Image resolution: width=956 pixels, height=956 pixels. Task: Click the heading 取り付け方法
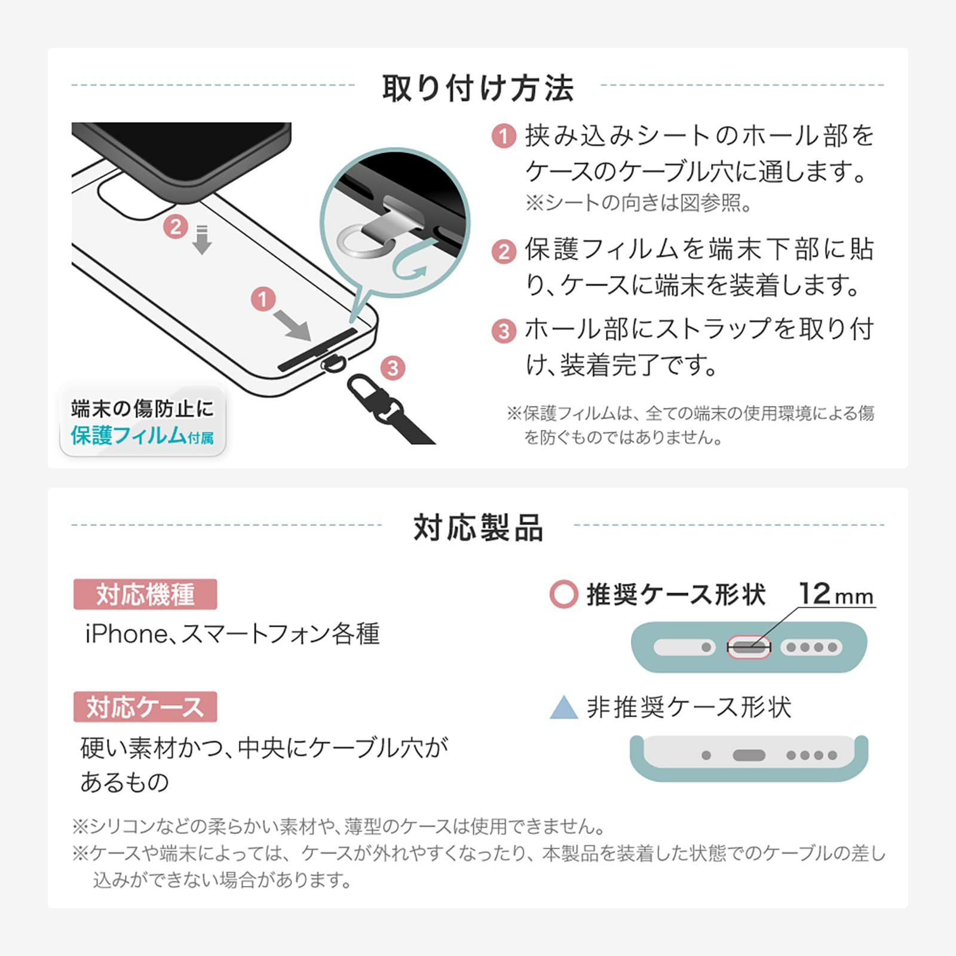pyautogui.click(x=478, y=88)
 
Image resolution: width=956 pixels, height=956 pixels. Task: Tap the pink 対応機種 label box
pyautogui.click(x=145, y=595)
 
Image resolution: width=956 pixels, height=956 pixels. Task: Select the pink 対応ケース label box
pyautogui.click(x=145, y=707)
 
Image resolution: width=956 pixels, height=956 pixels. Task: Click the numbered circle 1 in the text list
pyautogui.click(x=504, y=136)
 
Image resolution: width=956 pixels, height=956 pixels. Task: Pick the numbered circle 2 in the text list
pyautogui.click(x=504, y=252)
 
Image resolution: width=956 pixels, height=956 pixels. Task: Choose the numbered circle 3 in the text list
pyautogui.click(x=504, y=330)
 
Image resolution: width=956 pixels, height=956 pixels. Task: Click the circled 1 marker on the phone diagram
pyautogui.click(x=263, y=299)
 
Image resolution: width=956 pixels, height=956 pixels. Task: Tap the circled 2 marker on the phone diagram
pyautogui.click(x=176, y=226)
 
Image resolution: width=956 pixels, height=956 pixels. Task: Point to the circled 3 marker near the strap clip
pyautogui.click(x=393, y=367)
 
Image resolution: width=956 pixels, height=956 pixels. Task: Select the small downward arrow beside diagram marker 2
pyautogui.click(x=202, y=240)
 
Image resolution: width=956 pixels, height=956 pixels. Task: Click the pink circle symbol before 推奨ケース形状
pyautogui.click(x=563, y=595)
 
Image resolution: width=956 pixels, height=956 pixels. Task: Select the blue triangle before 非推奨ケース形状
pyautogui.click(x=563, y=707)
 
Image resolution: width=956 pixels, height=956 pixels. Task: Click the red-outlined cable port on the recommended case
pyautogui.click(x=749, y=647)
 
